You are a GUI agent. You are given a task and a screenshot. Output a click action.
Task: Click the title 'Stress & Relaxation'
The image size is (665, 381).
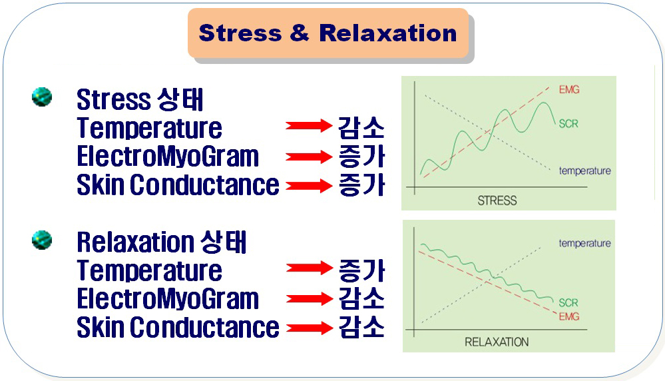click(x=328, y=33)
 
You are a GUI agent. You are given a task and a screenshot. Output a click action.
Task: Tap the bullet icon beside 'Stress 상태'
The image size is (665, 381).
click(x=42, y=97)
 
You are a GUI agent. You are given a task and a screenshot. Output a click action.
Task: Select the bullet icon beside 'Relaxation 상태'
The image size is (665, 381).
click(x=42, y=240)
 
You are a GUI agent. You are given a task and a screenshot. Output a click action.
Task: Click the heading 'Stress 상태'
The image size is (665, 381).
click(x=140, y=100)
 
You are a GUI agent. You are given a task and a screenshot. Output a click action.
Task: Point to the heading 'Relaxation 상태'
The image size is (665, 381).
click(x=161, y=242)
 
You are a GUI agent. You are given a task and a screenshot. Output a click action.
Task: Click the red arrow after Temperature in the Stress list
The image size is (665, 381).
click(x=309, y=126)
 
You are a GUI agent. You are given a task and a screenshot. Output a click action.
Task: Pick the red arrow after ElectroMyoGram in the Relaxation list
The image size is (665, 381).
click(x=309, y=299)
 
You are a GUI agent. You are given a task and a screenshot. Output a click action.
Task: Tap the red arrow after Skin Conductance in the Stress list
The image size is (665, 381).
click(x=309, y=186)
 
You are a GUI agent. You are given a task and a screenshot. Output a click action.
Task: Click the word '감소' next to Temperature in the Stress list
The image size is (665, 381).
click(x=361, y=127)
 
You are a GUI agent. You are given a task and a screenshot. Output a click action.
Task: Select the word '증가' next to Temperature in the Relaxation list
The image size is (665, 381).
click(x=361, y=270)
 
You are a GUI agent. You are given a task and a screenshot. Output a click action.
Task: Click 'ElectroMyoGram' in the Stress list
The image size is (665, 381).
click(x=168, y=156)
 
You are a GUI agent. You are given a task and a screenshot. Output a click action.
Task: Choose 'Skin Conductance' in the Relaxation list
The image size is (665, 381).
click(x=178, y=327)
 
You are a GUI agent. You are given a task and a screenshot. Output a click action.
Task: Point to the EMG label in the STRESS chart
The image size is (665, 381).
click(x=568, y=89)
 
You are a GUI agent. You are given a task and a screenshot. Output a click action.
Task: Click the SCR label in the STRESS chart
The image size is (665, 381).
click(x=568, y=123)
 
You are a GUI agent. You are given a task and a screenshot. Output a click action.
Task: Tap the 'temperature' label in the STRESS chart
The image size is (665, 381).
click(x=585, y=171)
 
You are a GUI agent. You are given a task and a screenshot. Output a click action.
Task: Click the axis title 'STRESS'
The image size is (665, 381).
click(x=497, y=200)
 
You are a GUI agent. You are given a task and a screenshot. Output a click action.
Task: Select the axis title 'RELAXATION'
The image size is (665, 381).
click(x=497, y=342)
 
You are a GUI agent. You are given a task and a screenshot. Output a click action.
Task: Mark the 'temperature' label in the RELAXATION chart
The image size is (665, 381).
click(x=585, y=243)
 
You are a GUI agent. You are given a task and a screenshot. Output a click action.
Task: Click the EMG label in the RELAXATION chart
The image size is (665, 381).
click(x=568, y=316)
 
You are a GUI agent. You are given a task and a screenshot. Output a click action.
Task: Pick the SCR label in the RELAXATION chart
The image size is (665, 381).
click(x=568, y=302)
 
